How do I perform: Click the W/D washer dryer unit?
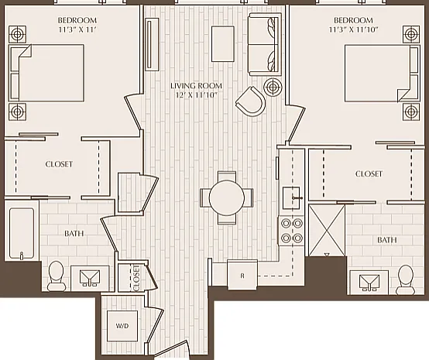(122, 326)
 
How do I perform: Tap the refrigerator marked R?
(242, 275)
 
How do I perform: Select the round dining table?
(227, 197)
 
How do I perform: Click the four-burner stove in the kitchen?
(291, 231)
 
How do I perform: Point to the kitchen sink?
(291, 198)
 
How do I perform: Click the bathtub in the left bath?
(22, 233)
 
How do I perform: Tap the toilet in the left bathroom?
(56, 276)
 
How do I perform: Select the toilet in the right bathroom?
(406, 279)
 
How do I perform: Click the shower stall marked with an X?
(327, 230)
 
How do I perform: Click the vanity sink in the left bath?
(90, 278)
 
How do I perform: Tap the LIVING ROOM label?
(196, 86)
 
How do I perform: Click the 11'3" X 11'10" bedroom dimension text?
(353, 29)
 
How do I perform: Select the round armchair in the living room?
(251, 101)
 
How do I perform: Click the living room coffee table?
(223, 44)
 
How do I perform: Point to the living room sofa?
(265, 45)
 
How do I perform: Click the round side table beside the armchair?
(273, 87)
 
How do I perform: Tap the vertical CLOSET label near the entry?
(136, 278)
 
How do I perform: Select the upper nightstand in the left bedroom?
(17, 35)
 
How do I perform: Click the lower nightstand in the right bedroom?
(411, 111)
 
